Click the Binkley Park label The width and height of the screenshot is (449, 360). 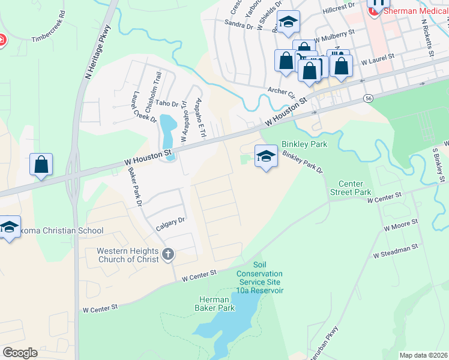coord(304,145)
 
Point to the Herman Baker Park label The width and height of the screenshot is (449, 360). coord(214,304)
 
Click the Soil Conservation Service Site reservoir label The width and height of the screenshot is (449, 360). coord(261,278)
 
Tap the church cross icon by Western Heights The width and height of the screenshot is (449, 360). coord(167,254)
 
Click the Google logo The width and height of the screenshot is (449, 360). coord(20,353)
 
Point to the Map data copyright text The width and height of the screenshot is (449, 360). coord(423,355)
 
